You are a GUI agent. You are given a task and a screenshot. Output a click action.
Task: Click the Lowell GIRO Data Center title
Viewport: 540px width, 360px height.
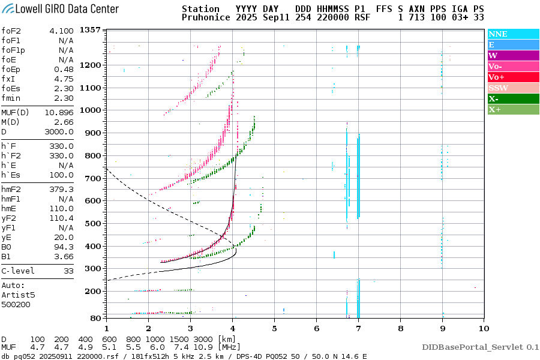tap(60, 9)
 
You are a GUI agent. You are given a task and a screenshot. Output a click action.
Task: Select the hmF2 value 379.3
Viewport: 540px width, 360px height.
tap(62, 190)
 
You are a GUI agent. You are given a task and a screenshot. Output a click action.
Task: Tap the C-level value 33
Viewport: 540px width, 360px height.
tap(68, 271)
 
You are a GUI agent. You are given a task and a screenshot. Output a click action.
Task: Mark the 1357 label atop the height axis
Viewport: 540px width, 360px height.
tap(89, 30)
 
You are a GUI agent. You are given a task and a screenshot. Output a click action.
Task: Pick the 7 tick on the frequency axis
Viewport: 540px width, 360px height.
tap(358, 328)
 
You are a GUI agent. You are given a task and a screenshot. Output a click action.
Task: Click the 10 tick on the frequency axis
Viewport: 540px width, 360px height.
tap(484, 328)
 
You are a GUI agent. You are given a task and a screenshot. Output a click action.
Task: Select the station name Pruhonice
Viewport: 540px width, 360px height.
tap(204, 18)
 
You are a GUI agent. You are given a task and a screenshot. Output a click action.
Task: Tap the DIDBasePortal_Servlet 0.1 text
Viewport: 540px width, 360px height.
tap(480, 347)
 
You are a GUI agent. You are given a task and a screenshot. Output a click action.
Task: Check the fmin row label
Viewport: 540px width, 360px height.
tap(12, 98)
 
